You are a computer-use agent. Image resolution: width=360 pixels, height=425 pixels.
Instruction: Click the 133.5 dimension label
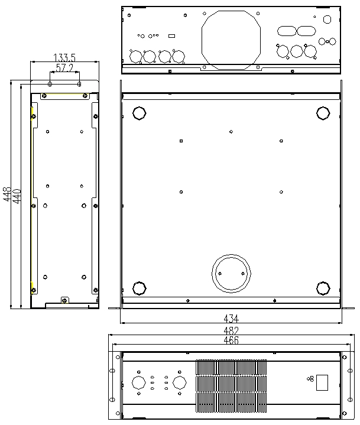click(64, 58)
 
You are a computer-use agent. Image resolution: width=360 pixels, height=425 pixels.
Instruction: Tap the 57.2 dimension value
click(64, 68)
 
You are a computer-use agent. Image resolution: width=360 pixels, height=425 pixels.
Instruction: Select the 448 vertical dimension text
click(7, 194)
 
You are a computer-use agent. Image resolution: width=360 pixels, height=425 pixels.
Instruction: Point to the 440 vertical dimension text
click(17, 196)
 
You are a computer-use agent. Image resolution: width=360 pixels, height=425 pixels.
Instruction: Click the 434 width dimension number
click(231, 319)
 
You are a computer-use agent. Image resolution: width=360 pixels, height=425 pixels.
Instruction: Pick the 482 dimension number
click(231, 330)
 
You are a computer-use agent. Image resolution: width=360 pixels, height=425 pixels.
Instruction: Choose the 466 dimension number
click(231, 340)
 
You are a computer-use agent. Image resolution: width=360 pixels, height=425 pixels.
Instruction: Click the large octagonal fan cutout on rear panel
click(231, 11)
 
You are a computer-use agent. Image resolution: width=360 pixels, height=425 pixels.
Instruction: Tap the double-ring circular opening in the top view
click(231, 255)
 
